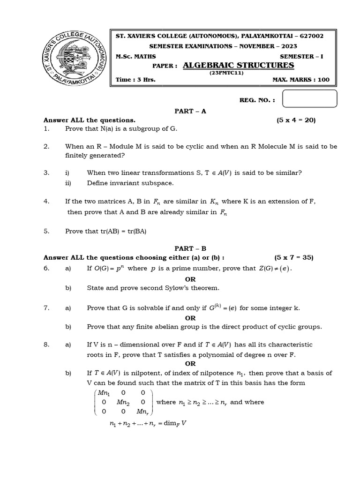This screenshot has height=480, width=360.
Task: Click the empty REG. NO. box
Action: point(310,99)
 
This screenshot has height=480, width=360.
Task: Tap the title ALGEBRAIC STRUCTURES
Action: point(238,65)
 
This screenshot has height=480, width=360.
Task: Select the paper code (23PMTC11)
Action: point(227,73)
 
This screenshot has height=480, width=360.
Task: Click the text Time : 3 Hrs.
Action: point(136,80)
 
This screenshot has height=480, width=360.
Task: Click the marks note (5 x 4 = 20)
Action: point(296,120)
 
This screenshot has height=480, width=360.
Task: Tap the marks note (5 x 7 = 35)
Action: point(293,257)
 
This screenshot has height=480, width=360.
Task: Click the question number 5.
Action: point(46,231)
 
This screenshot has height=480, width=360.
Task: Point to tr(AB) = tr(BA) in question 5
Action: point(121,231)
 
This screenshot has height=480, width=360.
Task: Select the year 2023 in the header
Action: point(287,46)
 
